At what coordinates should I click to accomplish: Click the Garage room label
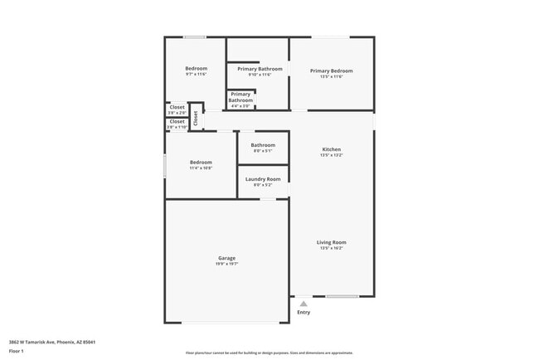[227, 258]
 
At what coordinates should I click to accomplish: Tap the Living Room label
[331, 242]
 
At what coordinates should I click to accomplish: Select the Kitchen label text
[331, 149]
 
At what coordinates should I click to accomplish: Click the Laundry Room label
[263, 179]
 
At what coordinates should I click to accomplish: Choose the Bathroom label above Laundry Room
[263, 145]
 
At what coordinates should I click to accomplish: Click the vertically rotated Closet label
[196, 118]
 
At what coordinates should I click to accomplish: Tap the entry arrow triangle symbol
[303, 304]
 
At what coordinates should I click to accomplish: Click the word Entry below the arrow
[303, 312]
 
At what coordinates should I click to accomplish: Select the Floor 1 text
[17, 351]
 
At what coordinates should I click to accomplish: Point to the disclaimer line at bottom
[269, 353]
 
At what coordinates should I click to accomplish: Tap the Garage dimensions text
[227, 264]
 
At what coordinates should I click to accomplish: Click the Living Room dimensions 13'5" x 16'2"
[331, 248]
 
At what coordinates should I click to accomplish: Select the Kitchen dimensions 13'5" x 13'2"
[331, 155]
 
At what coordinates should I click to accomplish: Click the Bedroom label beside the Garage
[201, 162]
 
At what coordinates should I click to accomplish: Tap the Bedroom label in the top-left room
[196, 68]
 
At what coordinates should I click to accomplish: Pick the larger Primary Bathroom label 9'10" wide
[260, 69]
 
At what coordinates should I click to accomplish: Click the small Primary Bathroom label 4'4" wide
[240, 97]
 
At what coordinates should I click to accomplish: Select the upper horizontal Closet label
[177, 107]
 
